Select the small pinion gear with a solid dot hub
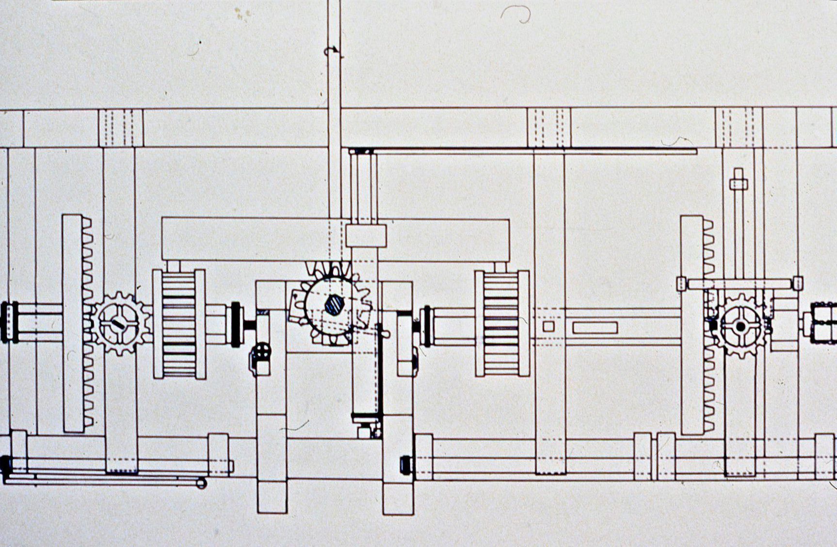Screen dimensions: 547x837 pos(740,326)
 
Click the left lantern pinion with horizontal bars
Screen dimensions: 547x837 pos(179,324)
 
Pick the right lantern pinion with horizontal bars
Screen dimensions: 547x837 pos(501,324)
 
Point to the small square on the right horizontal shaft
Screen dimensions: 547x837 pos(548,326)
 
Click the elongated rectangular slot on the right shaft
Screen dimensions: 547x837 pos(595,328)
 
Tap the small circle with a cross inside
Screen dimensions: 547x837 pos(262,351)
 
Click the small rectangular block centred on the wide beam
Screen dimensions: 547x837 pos(366,235)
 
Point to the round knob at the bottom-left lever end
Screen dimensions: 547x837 pos(201,483)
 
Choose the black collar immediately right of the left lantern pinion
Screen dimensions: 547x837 pos(236,324)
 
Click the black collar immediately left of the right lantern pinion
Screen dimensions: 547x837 pos(426,326)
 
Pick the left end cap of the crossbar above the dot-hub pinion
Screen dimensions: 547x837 pos(682,283)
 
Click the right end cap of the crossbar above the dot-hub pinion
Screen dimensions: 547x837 pos(797,283)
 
